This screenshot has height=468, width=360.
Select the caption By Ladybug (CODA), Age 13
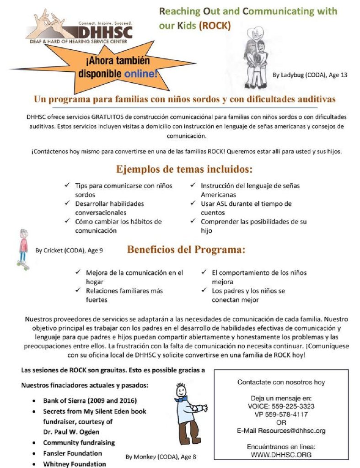pyautogui.click(x=310, y=74)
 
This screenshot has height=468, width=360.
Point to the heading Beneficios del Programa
pyautogui.click(x=186, y=250)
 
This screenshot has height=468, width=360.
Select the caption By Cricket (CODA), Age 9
pyautogui.click(x=69, y=250)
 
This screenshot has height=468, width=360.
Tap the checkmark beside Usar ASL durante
pyautogui.click(x=193, y=204)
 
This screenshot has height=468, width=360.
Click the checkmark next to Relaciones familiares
pyautogui.click(x=78, y=291)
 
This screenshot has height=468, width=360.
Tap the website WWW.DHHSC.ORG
pyautogui.click(x=281, y=455)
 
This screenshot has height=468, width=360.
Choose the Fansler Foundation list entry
pyautogui.click(x=72, y=453)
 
